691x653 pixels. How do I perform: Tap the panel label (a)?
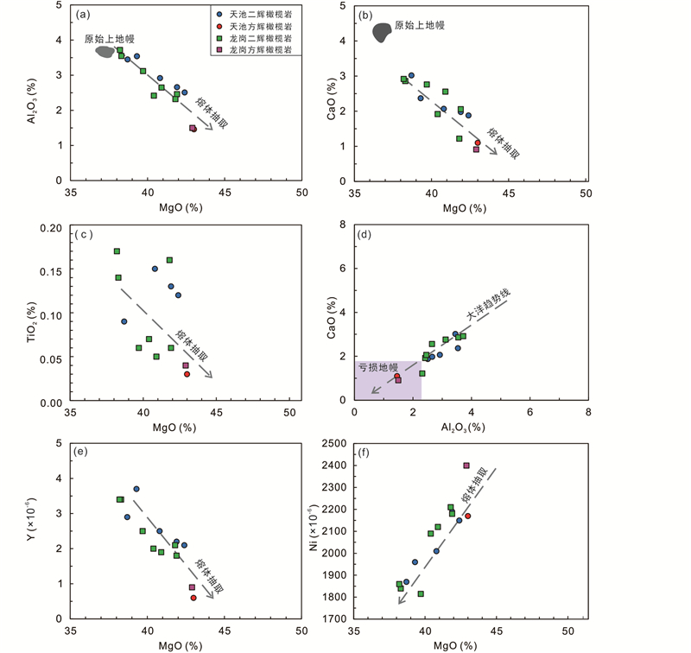(84, 14)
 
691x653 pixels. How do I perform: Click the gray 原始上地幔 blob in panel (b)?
(380, 31)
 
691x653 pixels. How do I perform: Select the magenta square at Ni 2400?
(466, 466)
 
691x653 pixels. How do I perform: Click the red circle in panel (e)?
(193, 598)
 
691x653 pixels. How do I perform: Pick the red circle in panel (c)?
(187, 374)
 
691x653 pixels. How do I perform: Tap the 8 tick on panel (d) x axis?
(587, 412)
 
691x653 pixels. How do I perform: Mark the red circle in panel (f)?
(467, 517)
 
